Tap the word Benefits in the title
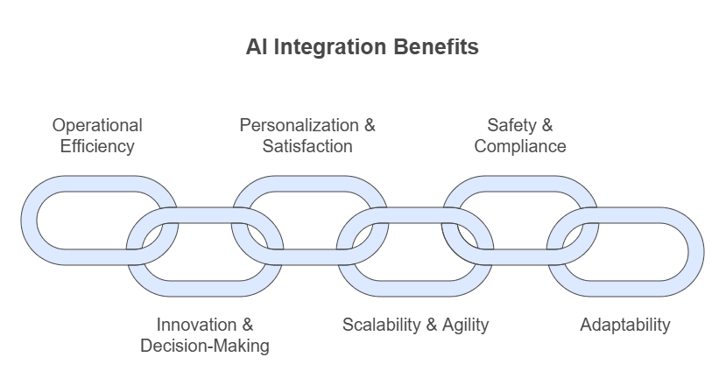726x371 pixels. click(x=434, y=47)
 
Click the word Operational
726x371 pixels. click(x=97, y=125)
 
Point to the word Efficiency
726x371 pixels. click(x=97, y=146)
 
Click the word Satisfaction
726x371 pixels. click(x=307, y=146)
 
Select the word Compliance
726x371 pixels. click(x=520, y=146)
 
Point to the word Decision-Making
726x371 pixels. click(x=205, y=346)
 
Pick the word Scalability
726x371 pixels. click(x=381, y=325)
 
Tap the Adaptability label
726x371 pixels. click(x=625, y=325)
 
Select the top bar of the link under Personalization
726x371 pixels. click(x=309, y=184)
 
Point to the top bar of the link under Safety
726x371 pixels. click(x=519, y=184)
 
